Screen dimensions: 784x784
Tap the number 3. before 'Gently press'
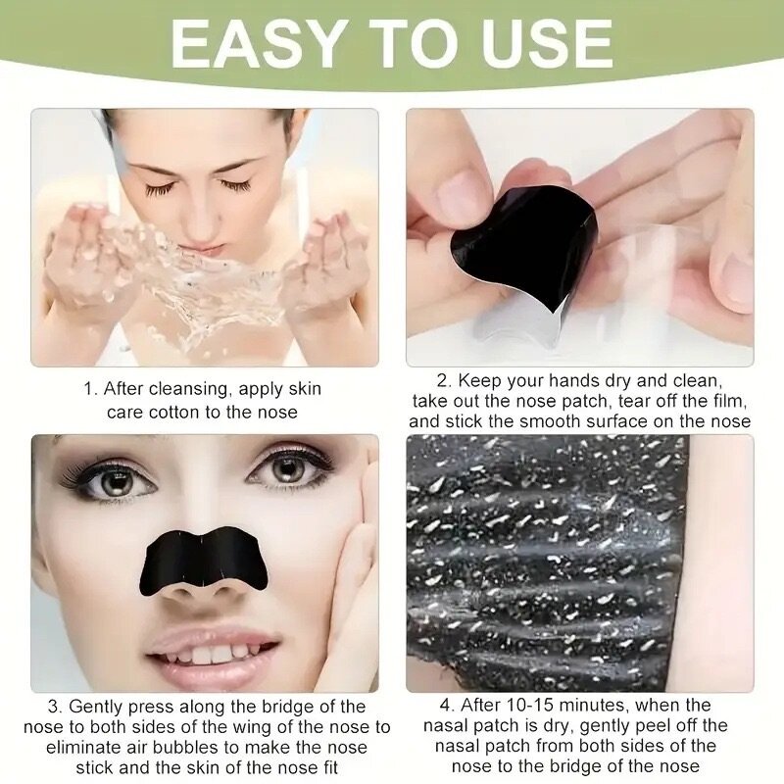pos(56,707)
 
